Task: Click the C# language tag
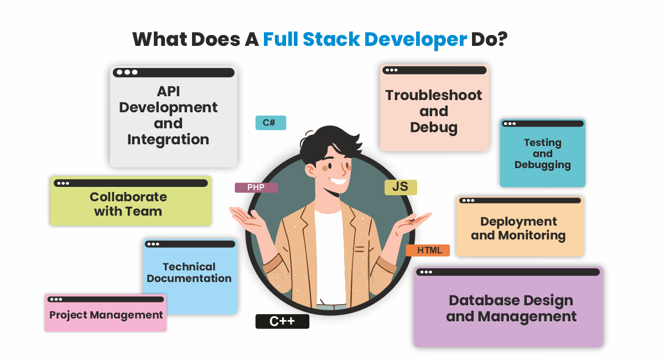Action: coord(271,123)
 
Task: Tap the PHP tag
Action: coord(256,187)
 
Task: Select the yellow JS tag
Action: coord(401,187)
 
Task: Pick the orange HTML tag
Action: coord(428,251)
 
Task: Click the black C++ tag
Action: coord(282,321)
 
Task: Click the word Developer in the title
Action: coord(416,39)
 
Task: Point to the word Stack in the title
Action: coord(331,39)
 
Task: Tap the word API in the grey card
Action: coord(168,91)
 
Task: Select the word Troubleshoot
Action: coord(434,95)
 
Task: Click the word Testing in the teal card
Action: coord(543,143)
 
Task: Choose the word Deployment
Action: coord(518,222)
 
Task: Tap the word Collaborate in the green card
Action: coord(128,197)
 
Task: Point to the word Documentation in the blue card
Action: coord(189,278)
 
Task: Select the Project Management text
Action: coord(106,315)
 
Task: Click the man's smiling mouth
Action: coord(339,180)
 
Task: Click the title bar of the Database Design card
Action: coord(508,272)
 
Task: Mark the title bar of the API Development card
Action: coord(174,72)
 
